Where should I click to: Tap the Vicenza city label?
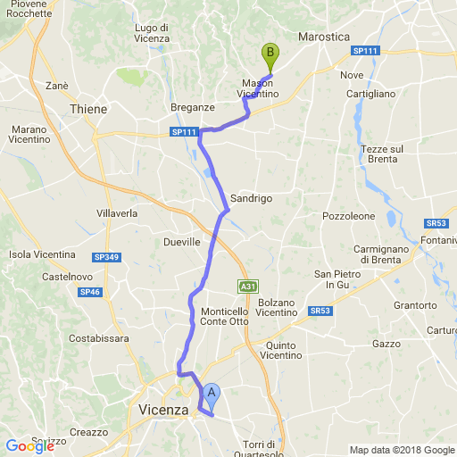[165, 410]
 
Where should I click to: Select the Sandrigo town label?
[251, 198]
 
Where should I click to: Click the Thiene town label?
[87, 109]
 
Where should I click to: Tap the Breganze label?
[193, 107]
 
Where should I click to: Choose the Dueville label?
[182, 241]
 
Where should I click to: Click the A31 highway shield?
[247, 287]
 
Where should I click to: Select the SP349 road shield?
[105, 258]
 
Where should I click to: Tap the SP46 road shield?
[89, 292]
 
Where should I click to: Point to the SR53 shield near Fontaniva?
[436, 223]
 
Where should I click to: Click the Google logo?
[29, 446]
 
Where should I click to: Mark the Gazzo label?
[386, 344]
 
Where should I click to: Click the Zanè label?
[56, 86]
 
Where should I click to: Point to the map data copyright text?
[402, 450]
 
